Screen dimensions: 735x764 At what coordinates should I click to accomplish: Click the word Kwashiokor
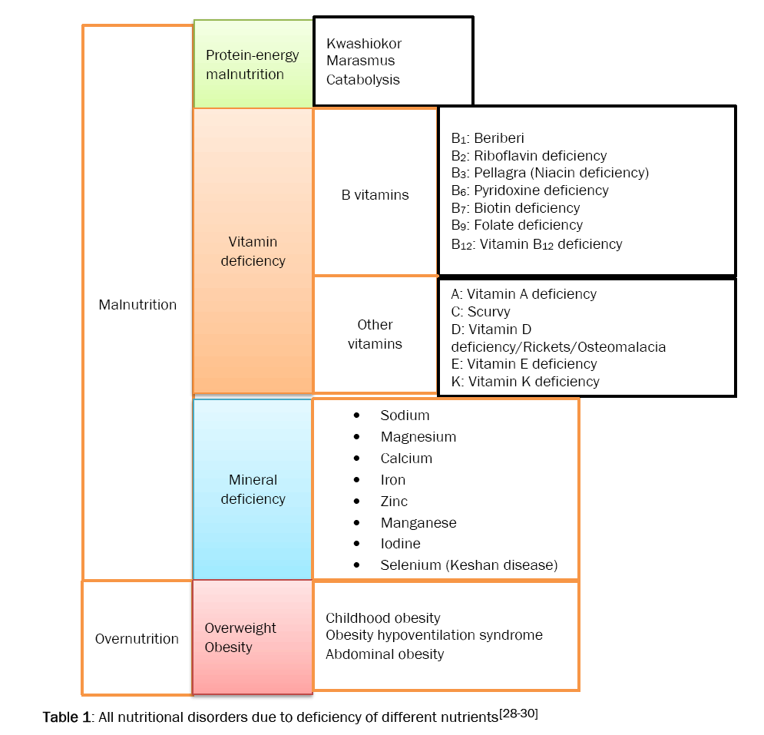[x=364, y=44]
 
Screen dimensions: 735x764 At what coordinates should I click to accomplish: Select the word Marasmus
[x=360, y=61]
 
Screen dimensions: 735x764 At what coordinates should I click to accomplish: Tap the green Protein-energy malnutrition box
[x=253, y=65]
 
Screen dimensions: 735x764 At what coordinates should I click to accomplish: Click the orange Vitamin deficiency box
[x=253, y=251]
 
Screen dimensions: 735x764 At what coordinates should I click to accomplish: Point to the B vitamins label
[x=375, y=195]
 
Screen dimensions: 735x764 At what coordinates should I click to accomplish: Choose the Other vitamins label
[x=375, y=334]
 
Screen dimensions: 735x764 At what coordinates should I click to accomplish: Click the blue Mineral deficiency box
[x=253, y=489]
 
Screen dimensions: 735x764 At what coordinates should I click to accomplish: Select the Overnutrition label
[x=137, y=639]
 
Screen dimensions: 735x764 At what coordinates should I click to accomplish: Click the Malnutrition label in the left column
[x=137, y=305]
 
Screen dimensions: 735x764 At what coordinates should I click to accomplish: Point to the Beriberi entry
[x=498, y=138]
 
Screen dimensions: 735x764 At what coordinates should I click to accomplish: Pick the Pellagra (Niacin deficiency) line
[x=550, y=173]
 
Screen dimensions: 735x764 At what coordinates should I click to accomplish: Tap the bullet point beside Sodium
[x=356, y=416]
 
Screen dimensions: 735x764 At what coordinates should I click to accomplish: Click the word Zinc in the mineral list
[x=394, y=502]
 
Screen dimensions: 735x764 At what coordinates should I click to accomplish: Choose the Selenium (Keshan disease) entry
[x=468, y=565]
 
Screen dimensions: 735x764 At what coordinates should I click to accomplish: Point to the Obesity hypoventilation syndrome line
[x=434, y=636]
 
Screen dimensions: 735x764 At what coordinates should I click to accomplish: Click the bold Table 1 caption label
[x=68, y=718]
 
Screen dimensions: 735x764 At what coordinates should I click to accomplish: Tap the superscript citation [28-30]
[x=518, y=713]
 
